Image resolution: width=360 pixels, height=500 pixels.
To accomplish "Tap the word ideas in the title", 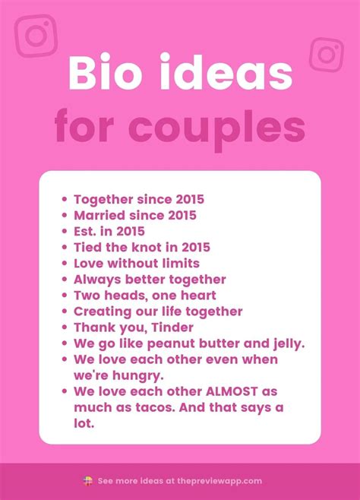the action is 226,72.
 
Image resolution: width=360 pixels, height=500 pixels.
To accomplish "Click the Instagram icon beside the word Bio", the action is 36,36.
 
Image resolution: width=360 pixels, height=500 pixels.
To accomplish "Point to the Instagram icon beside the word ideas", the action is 327,55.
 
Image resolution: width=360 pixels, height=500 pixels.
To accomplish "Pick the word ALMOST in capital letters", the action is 232,391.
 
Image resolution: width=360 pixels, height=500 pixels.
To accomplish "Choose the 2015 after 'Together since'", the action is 190,200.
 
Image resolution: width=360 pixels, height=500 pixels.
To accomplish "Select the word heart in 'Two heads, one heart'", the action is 198,296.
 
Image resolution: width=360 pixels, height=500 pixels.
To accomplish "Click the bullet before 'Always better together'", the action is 65,280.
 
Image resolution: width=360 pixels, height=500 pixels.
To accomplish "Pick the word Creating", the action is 103,312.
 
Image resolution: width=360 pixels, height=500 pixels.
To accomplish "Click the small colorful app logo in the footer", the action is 88,481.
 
